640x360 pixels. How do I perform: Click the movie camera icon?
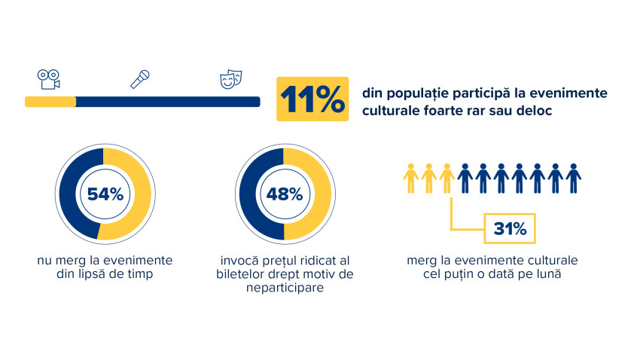click(x=49, y=78)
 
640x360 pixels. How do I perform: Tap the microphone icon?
click(x=140, y=78)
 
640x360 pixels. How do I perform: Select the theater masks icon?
click(x=230, y=78)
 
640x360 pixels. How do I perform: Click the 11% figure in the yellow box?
click(x=313, y=99)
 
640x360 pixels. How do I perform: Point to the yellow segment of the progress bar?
click(x=50, y=102)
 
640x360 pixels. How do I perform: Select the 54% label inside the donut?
click(x=105, y=194)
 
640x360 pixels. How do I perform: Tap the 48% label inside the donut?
click(x=285, y=194)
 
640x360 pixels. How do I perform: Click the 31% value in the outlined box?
click(x=510, y=227)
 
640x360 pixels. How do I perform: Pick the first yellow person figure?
click(x=410, y=178)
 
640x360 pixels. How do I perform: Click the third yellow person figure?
click(x=447, y=178)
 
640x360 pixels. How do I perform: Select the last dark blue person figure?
click(x=574, y=178)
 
